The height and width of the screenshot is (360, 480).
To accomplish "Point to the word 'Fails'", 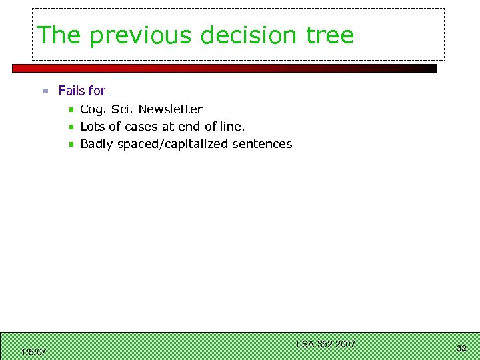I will [71, 91].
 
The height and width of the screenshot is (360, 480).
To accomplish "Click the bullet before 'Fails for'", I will [45, 91].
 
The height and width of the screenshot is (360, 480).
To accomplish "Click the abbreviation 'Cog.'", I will [93, 109].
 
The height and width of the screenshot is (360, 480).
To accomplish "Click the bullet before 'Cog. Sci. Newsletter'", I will [71, 109].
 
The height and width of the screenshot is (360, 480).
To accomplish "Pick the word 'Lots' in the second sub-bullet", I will [93, 127].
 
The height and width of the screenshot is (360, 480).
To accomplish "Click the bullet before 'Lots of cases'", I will [71, 127].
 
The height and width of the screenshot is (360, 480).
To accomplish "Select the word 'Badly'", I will [97, 144].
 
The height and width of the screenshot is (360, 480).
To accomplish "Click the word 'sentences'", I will [262, 144].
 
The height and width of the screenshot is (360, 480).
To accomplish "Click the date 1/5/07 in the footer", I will [33, 352].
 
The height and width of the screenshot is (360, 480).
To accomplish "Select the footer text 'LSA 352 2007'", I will [326, 344].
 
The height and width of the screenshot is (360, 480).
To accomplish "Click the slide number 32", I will [461, 349].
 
